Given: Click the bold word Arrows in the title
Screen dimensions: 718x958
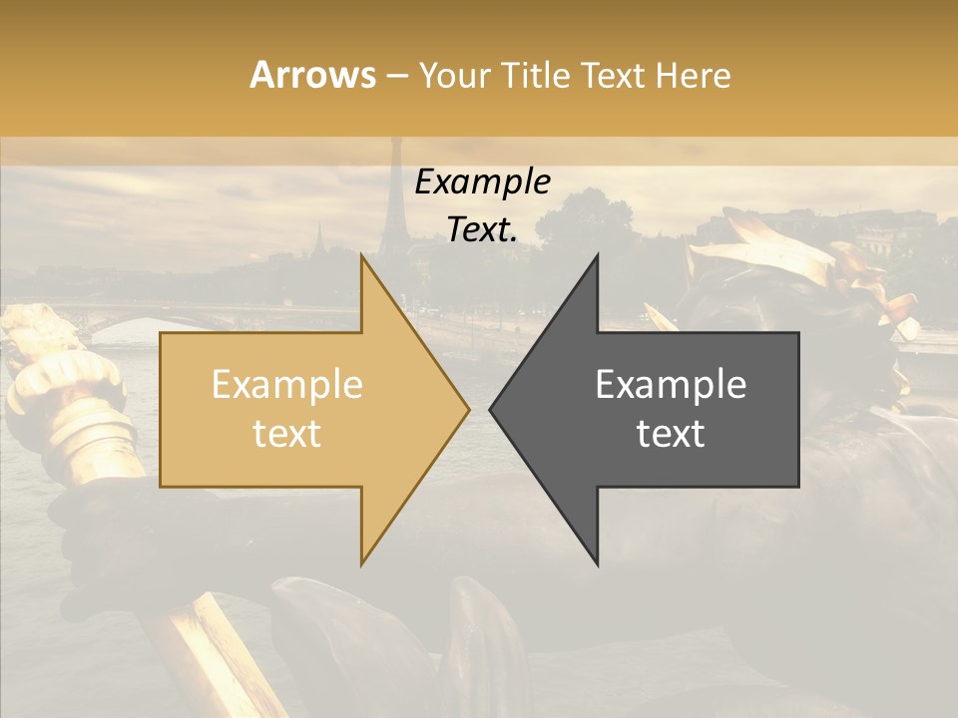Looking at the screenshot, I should tap(312, 75).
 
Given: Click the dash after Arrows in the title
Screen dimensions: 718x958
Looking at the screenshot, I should tap(396, 76).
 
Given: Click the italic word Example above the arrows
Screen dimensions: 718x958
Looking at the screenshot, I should tap(482, 182).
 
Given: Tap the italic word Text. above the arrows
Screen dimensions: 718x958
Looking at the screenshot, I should tap(482, 230).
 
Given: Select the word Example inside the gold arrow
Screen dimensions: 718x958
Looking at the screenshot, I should tap(286, 385).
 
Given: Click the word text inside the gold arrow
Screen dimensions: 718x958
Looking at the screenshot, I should tap(286, 434).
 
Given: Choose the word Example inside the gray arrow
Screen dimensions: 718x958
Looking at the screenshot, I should tap(671, 385).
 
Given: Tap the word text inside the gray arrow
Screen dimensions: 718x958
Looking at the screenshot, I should tap(671, 434).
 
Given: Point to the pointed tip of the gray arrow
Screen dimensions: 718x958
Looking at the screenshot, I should tap(491, 409).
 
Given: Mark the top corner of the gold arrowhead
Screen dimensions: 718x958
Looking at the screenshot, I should tap(362, 255).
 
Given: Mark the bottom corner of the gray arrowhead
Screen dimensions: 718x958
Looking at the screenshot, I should tap(597, 563).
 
